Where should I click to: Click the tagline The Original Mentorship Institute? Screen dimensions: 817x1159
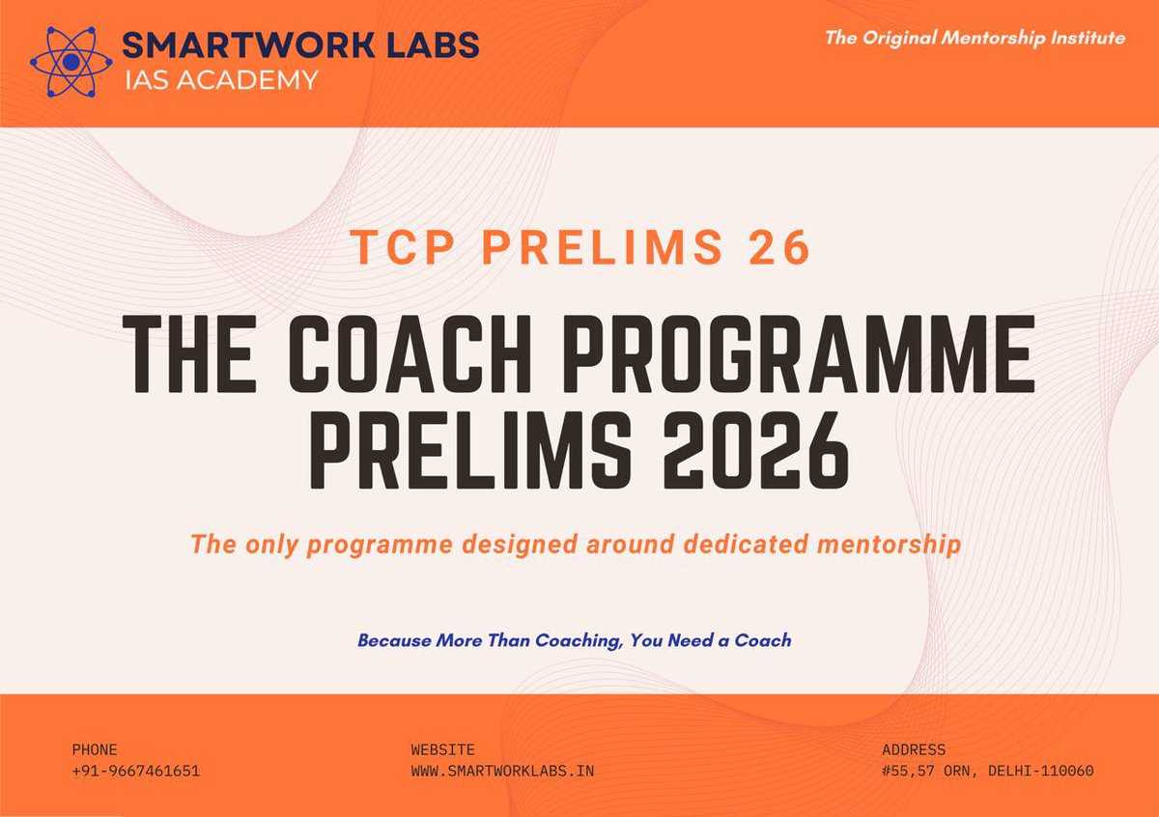pyautogui.click(x=974, y=39)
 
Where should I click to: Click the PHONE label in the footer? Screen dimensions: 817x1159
pyautogui.click(x=95, y=749)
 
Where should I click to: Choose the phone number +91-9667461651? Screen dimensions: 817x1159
pyautogui.click(x=135, y=771)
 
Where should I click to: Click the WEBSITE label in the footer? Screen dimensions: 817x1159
pyautogui.click(x=442, y=749)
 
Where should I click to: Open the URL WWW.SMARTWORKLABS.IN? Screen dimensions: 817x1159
pyautogui.click(x=502, y=771)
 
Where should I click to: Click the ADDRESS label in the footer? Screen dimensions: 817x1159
pyautogui.click(x=914, y=749)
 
